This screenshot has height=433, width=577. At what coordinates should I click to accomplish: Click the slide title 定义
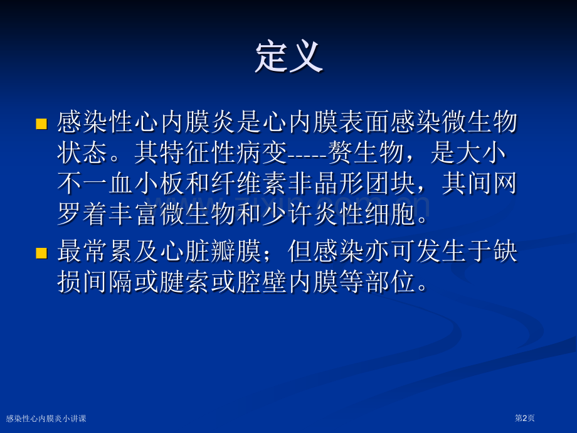click(289, 56)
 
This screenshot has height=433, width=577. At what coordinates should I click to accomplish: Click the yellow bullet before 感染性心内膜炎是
click(41, 124)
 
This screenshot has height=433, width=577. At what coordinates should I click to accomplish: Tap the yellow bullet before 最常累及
click(41, 253)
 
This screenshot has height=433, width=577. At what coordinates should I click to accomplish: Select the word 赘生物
click(366, 152)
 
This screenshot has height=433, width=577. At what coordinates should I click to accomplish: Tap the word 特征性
click(199, 152)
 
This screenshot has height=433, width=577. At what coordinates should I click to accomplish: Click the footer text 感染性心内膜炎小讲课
click(46, 419)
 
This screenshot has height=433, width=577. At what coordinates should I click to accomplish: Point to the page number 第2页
click(524, 418)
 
